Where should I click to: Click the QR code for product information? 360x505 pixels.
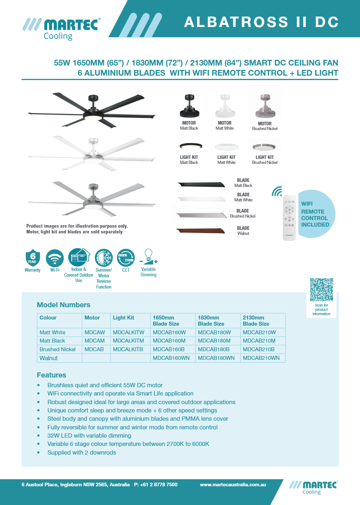[x=321, y=289]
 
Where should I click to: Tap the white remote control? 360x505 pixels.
[x=289, y=217]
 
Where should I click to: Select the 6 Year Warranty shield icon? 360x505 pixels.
[x=32, y=258]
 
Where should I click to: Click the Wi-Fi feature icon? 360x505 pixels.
[x=55, y=258]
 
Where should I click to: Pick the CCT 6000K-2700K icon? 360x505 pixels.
[x=126, y=258]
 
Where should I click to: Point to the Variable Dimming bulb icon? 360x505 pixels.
[x=148, y=257]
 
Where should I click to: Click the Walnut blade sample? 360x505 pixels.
[x=201, y=231]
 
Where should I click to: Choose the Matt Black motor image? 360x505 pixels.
[x=189, y=107]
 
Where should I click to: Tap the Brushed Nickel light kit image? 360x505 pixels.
[x=264, y=147]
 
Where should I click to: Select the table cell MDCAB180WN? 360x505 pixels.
[x=216, y=358]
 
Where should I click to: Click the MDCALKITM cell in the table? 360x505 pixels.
[x=128, y=341]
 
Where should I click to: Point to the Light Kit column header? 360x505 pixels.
[x=123, y=318]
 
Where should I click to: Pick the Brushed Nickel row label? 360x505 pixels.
[x=58, y=349]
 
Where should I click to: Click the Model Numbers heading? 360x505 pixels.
[x=64, y=305]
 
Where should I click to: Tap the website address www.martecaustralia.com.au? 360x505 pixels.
[x=233, y=484]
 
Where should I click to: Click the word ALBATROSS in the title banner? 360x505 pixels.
[x=236, y=22]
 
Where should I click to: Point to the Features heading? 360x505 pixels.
[x=51, y=375]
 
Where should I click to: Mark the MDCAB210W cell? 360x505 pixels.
[x=259, y=332]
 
